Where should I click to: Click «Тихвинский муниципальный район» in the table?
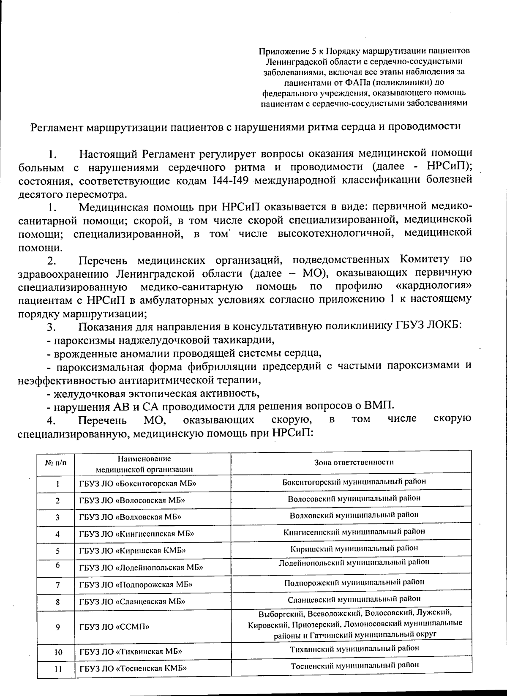pyautogui.click(x=354, y=648)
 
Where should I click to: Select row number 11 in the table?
pyautogui.click(x=58, y=669)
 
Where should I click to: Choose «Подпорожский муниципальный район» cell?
pyautogui.click(x=354, y=582)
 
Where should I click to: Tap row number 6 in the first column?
pyautogui.click(x=57, y=565)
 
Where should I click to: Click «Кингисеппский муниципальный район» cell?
pyautogui.click(x=354, y=531)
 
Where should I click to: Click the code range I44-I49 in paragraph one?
pyautogui.click(x=232, y=180)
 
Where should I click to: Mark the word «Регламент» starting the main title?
pyautogui.click(x=57, y=127)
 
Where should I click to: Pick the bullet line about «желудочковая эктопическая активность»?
pyautogui.click(x=153, y=393)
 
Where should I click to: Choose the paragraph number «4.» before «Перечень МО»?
pyautogui.click(x=51, y=420)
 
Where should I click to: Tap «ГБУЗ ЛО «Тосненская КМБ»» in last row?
pyautogui.click(x=133, y=669)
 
